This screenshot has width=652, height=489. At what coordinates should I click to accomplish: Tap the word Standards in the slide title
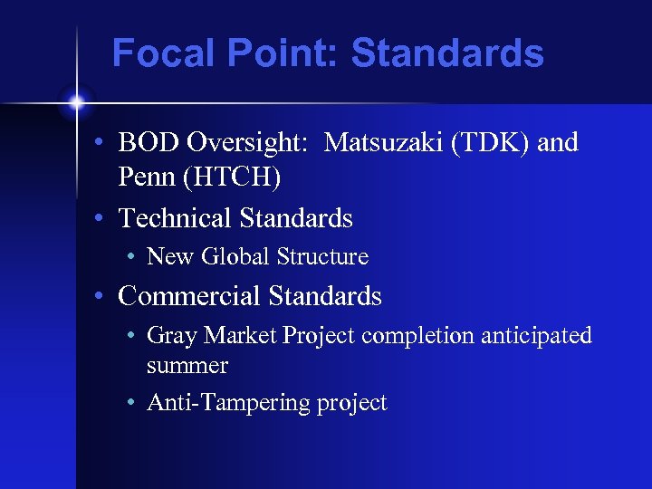point(447,53)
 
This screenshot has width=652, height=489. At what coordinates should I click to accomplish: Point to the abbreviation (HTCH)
point(232,178)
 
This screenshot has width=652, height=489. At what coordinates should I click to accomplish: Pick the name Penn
point(148,178)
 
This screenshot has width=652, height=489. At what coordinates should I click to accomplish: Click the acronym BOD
point(146,143)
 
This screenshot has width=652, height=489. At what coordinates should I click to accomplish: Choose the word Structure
point(322,257)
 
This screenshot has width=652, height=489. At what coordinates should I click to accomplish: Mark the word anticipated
point(536,336)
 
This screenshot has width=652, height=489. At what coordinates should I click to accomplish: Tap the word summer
point(187,366)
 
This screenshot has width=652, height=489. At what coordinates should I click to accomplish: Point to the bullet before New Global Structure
point(132,258)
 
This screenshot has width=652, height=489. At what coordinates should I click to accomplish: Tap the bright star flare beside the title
point(77,101)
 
